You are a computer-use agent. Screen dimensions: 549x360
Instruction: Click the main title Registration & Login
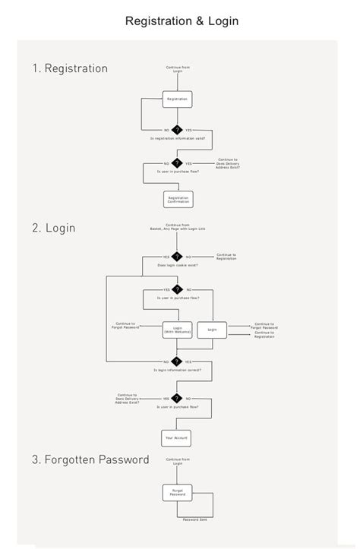pyautogui.click(x=182, y=21)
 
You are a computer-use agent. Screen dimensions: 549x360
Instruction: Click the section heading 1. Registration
pyautogui.click(x=71, y=68)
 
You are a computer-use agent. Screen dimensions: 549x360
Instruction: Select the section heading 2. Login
pyautogui.click(x=54, y=228)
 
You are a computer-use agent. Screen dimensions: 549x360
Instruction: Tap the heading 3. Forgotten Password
pyautogui.click(x=90, y=459)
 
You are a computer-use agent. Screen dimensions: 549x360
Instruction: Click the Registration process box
pyautogui.click(x=177, y=99)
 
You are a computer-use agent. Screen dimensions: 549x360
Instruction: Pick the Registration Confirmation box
pyautogui.click(x=177, y=199)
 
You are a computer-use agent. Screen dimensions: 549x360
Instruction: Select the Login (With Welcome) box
pyautogui.click(x=177, y=330)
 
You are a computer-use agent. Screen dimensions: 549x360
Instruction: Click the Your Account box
pyautogui.click(x=177, y=438)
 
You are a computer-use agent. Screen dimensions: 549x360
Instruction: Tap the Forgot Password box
pyautogui.click(x=177, y=492)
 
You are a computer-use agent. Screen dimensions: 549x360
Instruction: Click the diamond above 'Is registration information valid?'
pyautogui.click(x=177, y=131)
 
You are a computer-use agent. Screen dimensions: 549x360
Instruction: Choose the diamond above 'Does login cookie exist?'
pyautogui.click(x=177, y=257)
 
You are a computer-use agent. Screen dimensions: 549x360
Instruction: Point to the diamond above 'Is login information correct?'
pyautogui.click(x=177, y=361)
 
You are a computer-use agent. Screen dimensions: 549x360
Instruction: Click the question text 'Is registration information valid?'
pyautogui.click(x=177, y=138)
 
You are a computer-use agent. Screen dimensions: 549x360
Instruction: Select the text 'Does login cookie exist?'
pyautogui.click(x=177, y=265)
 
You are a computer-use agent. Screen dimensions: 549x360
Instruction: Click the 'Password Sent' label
pyautogui.click(x=194, y=519)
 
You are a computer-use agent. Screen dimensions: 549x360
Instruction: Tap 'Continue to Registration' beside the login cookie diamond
pyautogui.click(x=226, y=257)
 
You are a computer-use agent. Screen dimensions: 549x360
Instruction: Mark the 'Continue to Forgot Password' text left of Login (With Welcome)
pyautogui.click(x=127, y=325)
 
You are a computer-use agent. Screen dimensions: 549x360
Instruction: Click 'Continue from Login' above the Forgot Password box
pyautogui.click(x=177, y=461)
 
